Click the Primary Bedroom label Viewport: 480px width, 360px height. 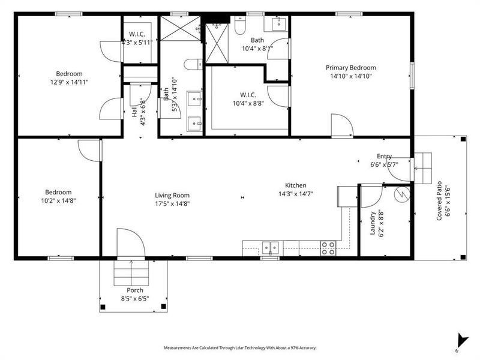(x=351, y=68)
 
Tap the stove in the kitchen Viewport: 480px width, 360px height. (x=328, y=248)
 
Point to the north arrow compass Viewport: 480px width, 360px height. (x=460, y=340)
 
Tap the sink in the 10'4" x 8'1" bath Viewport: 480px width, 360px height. (x=278, y=24)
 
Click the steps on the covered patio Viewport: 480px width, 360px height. (x=422, y=167)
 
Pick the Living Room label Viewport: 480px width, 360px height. (x=172, y=195)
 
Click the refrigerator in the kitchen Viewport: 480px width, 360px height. (x=347, y=197)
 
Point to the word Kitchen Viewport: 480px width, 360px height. (x=296, y=185)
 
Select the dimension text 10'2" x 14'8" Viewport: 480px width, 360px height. (x=59, y=200)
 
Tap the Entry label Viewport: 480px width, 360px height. (x=384, y=156)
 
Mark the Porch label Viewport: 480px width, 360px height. (x=134, y=290)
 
